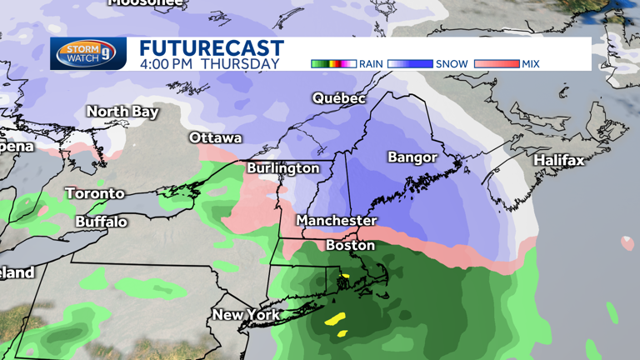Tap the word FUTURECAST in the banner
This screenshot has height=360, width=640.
click(212, 47)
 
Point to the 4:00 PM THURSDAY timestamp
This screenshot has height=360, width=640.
click(209, 63)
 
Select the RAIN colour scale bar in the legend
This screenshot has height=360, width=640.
click(333, 63)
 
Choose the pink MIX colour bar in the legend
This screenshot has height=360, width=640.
click(496, 63)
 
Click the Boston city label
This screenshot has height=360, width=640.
click(350, 246)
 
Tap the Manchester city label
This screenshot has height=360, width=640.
click(337, 221)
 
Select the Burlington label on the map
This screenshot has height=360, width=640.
click(282, 168)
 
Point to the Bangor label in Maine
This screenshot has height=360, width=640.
click(412, 157)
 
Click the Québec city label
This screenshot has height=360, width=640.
click(339, 98)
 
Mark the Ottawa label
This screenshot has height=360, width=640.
click(215, 137)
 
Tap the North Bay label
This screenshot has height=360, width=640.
click(122, 112)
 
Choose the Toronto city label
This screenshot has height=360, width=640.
click(95, 193)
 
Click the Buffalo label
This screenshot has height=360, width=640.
click(101, 222)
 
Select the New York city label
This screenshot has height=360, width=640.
click(243, 315)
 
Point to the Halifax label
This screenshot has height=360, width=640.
click(559, 160)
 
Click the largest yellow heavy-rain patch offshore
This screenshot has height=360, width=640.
click(335, 318)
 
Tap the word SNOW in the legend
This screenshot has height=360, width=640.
click(452, 63)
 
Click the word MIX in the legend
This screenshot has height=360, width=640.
click(532, 63)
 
